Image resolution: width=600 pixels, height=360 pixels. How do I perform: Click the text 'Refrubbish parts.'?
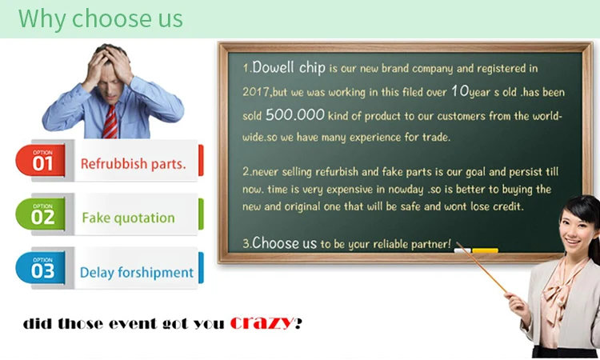click(133, 164)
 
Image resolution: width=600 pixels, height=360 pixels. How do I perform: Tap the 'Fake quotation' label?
click(128, 218)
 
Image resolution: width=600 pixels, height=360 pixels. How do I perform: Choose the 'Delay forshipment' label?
click(137, 273)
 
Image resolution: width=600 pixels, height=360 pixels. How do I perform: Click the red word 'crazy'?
click(261, 323)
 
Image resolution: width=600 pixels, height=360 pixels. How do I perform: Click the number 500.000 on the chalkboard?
click(294, 115)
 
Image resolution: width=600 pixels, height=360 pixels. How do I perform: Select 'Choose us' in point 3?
click(284, 242)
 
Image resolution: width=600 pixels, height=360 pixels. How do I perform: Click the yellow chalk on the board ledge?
click(485, 250)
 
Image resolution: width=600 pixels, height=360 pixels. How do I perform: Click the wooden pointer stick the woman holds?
click(488, 272)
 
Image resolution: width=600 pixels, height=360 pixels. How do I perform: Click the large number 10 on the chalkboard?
click(460, 90)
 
